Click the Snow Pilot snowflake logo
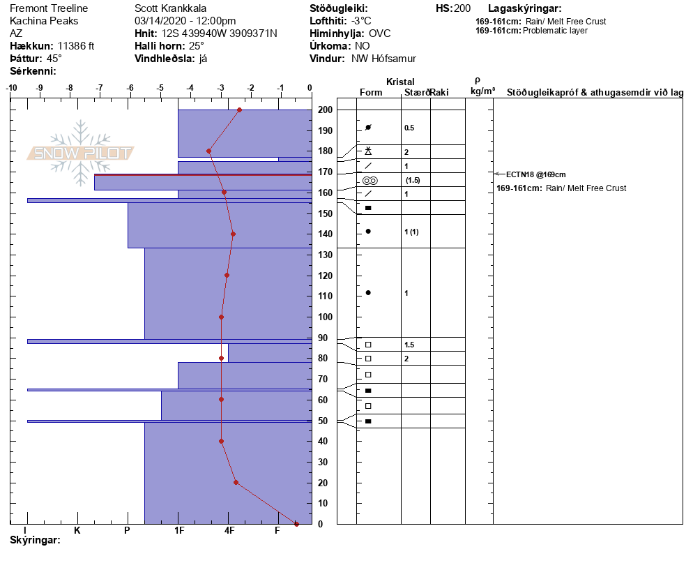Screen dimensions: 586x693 [x=81, y=153]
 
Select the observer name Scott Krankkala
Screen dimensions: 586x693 [x=170, y=8]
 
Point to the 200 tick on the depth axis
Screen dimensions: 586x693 [x=325, y=110]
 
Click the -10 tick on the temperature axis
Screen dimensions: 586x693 [x=12, y=88]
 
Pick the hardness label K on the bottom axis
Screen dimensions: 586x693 [x=77, y=530]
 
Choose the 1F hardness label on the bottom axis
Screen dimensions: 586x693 [x=178, y=530]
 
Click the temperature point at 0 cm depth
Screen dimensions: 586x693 [x=296, y=524]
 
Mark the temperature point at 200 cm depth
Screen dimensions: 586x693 [x=239, y=110]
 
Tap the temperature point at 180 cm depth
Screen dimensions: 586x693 [x=208, y=151]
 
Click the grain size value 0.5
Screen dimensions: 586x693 [x=409, y=128]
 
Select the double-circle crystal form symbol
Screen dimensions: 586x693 [x=370, y=180]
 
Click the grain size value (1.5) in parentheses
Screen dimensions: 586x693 [x=413, y=180]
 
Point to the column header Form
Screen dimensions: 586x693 [x=370, y=93]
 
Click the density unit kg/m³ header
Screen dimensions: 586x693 [x=482, y=91]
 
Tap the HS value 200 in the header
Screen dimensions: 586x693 [x=462, y=8]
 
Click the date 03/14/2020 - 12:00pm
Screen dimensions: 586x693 [x=185, y=21]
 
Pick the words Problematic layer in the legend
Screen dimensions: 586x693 [x=555, y=31]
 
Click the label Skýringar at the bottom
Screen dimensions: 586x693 [x=35, y=540]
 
